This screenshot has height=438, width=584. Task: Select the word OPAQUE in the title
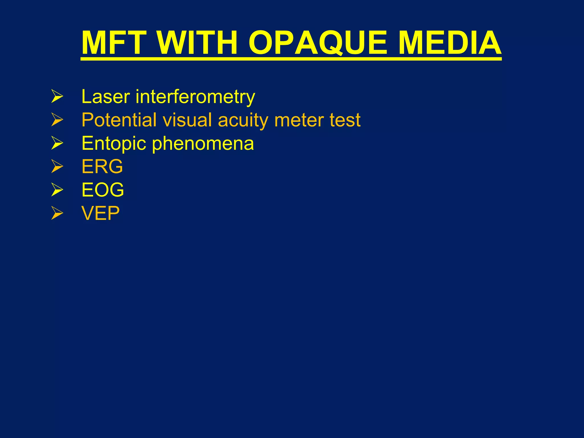point(318,43)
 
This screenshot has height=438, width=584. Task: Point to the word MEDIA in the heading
point(450,43)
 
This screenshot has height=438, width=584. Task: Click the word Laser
point(106,97)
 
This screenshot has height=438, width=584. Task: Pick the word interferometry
point(195,97)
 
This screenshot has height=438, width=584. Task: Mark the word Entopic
point(114,144)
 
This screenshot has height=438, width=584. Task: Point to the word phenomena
point(203,144)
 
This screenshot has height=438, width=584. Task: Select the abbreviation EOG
point(103,190)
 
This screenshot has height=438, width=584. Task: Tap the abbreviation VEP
point(100,213)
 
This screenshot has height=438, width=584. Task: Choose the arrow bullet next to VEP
point(57,213)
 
